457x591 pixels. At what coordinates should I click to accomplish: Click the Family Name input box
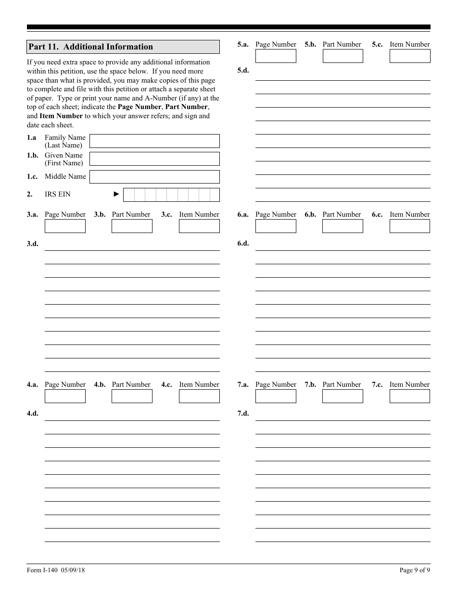pyautogui.click(x=154, y=141)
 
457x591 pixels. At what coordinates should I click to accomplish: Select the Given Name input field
pyautogui.click(x=154, y=159)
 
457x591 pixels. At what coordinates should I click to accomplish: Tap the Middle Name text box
pyautogui.click(x=154, y=177)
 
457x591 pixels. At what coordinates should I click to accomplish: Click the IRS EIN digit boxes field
pyautogui.click(x=171, y=195)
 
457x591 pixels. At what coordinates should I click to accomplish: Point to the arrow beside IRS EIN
pyautogui.click(x=116, y=194)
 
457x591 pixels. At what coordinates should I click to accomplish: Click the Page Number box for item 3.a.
pyautogui.click(x=65, y=226)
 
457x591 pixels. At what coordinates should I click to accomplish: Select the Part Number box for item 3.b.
pyautogui.click(x=132, y=226)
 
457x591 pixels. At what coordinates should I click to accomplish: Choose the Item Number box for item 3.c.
pyautogui.click(x=199, y=226)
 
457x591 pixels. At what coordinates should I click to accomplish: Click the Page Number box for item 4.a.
pyautogui.click(x=65, y=396)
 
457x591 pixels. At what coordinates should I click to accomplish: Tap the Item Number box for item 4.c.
pyautogui.click(x=199, y=396)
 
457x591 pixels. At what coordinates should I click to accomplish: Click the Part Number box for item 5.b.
pyautogui.click(x=343, y=56)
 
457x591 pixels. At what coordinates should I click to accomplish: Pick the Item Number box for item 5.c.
pyautogui.click(x=410, y=56)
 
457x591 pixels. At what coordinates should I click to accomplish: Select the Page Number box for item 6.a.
pyautogui.click(x=276, y=226)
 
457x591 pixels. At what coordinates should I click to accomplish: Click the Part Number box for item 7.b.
pyautogui.click(x=343, y=396)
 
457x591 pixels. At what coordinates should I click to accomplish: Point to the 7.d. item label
pyautogui.click(x=243, y=414)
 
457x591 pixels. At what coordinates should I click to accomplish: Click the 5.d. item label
pyautogui.click(x=243, y=70)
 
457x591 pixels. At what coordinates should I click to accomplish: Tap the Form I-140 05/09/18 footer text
pyautogui.click(x=56, y=570)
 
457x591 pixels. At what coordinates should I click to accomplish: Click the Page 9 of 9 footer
pyautogui.click(x=415, y=570)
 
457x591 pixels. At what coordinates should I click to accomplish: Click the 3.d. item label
pyautogui.click(x=32, y=244)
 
